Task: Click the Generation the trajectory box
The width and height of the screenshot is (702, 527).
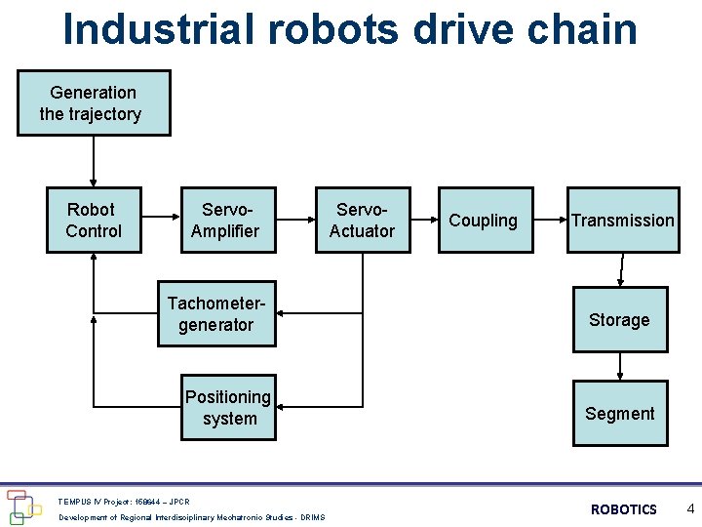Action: pyautogui.click(x=94, y=102)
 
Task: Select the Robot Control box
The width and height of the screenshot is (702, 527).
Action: pyautogui.click(x=94, y=220)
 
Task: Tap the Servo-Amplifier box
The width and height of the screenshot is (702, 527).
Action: pyautogui.click(x=225, y=220)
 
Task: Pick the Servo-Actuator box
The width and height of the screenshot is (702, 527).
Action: pyautogui.click(x=362, y=220)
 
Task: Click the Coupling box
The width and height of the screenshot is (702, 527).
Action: pyautogui.click(x=485, y=220)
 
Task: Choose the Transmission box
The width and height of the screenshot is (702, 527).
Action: pyautogui.click(x=622, y=220)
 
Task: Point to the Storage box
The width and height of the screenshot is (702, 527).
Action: pyautogui.click(x=619, y=319)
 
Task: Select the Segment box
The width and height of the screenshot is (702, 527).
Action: pyautogui.click(x=619, y=414)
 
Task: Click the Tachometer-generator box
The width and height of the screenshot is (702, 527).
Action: pyautogui.click(x=216, y=314)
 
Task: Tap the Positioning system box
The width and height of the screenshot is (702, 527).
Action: pyautogui.click(x=228, y=407)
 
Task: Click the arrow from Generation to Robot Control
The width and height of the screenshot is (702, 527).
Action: pyautogui.click(x=94, y=160)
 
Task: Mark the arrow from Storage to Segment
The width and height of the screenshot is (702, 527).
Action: pyautogui.click(x=620, y=367)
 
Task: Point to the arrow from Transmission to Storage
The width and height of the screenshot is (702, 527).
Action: pyautogui.click(x=621, y=268)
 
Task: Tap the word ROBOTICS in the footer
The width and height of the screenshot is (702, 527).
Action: pyautogui.click(x=624, y=509)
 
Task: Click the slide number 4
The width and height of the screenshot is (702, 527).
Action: pyautogui.click(x=689, y=508)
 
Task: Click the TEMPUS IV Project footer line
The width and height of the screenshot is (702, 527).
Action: pyautogui.click(x=124, y=501)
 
